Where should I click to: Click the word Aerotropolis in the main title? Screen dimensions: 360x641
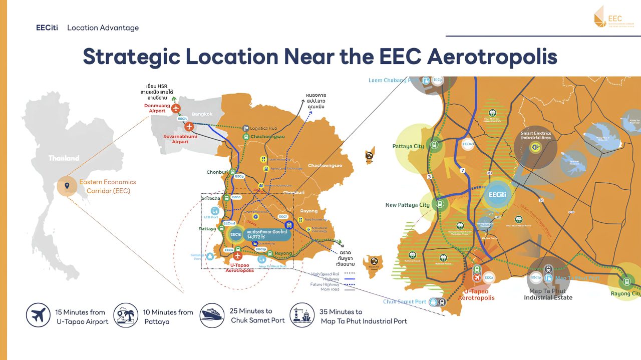point(492,57)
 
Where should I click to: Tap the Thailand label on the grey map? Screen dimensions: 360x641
point(64,158)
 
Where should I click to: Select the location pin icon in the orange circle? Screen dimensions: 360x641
point(67,186)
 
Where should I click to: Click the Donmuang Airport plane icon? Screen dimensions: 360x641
point(176,108)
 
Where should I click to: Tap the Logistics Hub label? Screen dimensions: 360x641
point(267,129)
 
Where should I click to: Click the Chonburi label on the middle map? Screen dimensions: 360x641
point(217,172)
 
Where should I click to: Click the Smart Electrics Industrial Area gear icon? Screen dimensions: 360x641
point(535,147)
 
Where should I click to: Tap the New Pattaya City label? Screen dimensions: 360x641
point(407,205)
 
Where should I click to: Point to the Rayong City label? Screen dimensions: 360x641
point(625,294)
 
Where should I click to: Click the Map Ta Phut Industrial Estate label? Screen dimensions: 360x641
point(548,294)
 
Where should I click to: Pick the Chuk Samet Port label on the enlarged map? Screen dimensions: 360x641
point(404,302)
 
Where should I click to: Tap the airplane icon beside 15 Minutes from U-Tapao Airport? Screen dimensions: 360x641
point(38,315)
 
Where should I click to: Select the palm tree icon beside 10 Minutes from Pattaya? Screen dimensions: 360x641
point(126,315)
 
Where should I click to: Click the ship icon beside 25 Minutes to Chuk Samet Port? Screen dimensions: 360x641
point(212,315)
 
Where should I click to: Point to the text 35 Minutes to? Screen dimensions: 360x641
point(341,312)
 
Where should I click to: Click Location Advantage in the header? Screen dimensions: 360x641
point(103,28)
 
